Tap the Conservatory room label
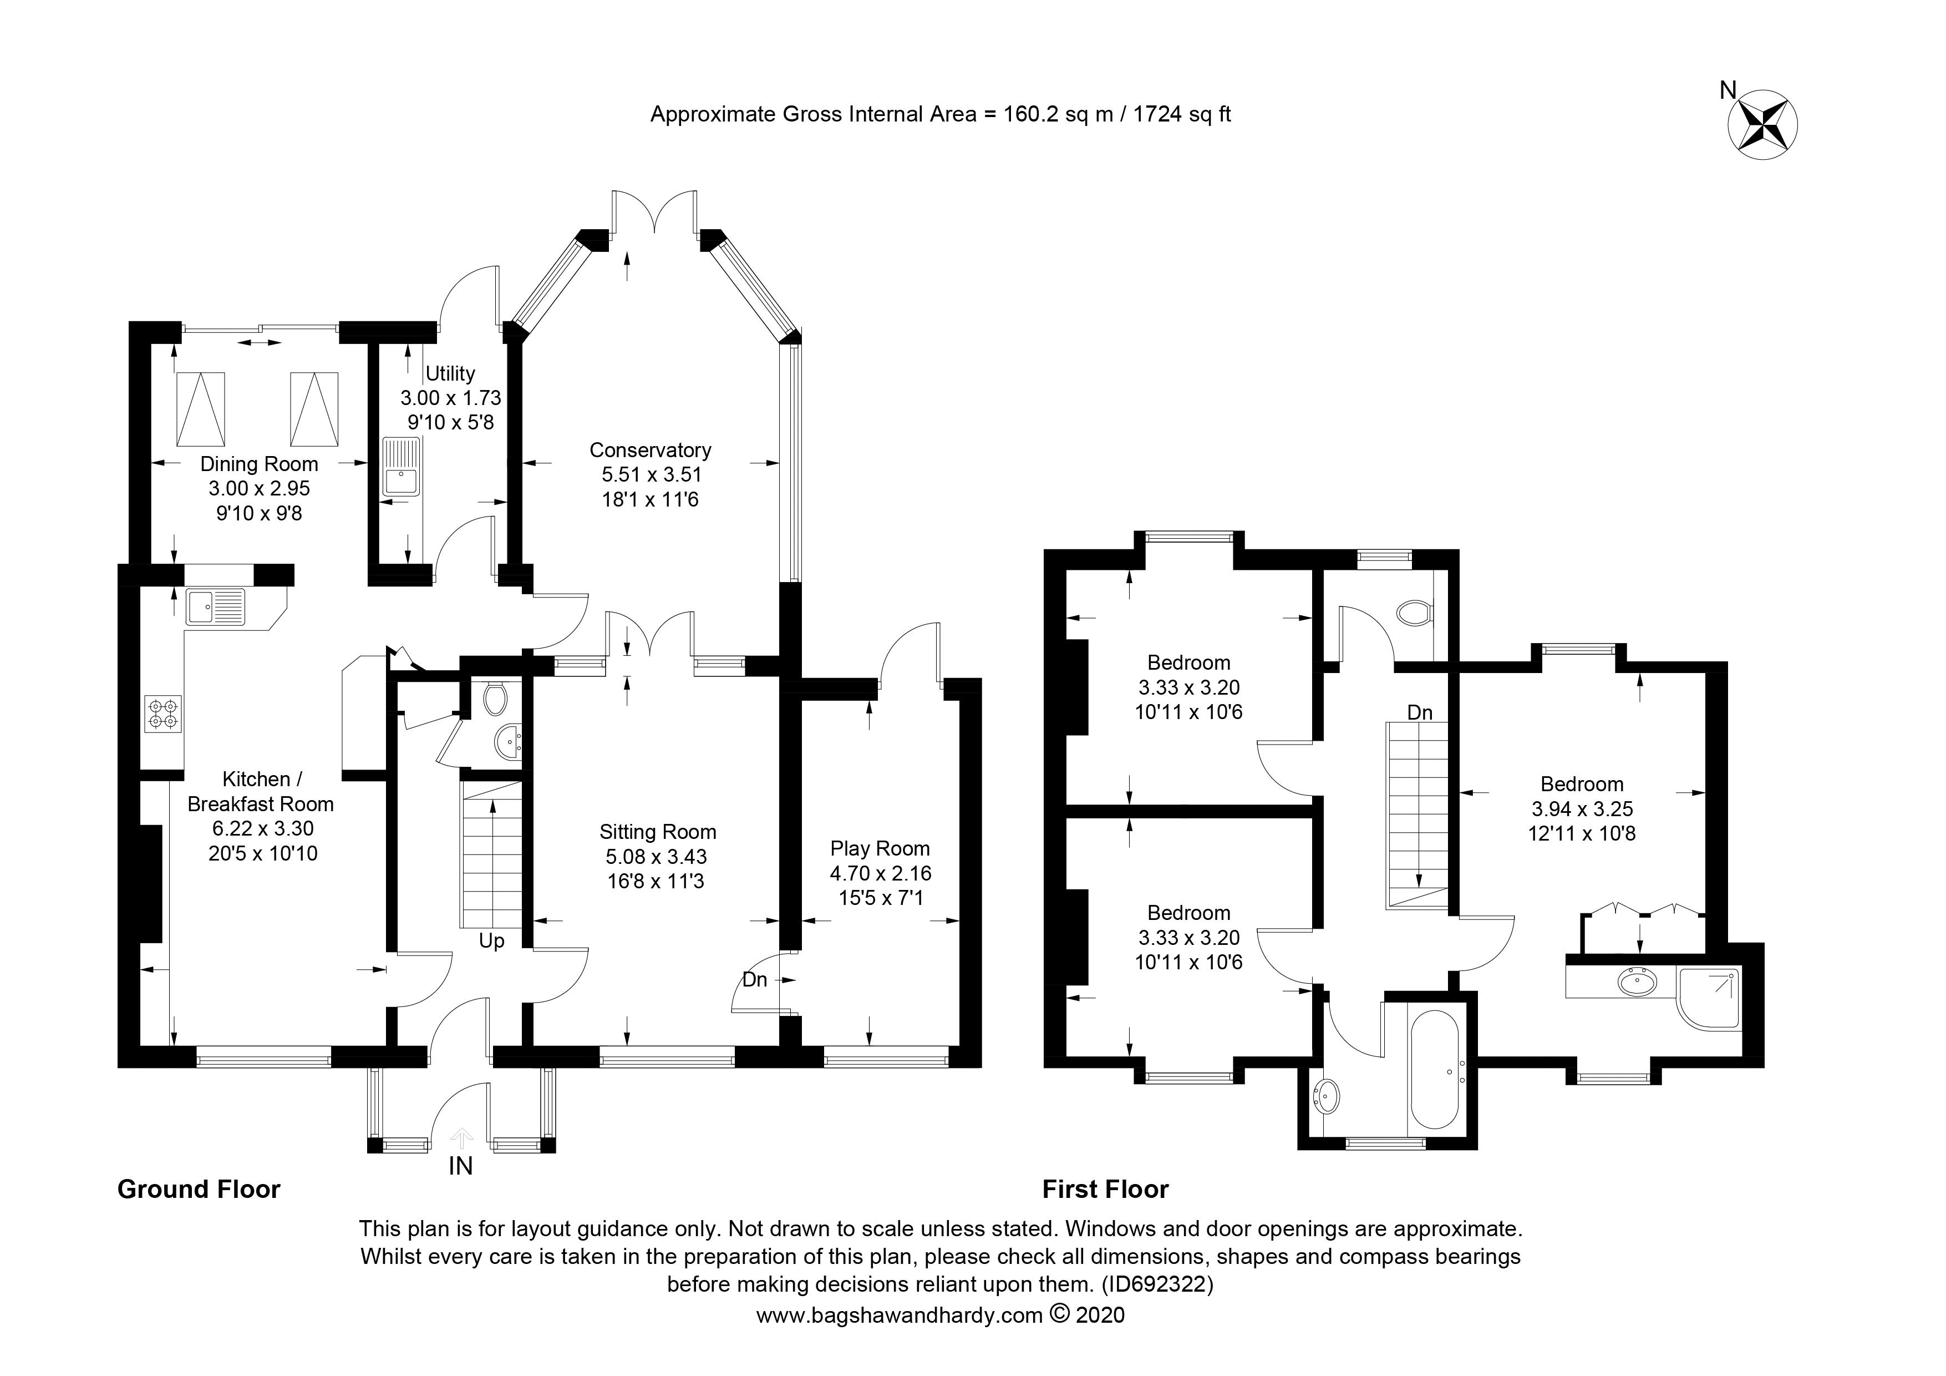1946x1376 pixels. pyautogui.click(x=650, y=450)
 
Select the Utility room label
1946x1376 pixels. pyautogui.click(x=450, y=374)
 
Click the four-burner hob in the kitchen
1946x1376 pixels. pyautogui.click(x=164, y=712)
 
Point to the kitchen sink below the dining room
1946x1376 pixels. pyautogui.click(x=215, y=607)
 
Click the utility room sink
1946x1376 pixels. pyautogui.click(x=401, y=466)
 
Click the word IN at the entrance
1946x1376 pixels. pyautogui.click(x=460, y=1167)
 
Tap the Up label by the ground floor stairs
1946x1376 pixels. pyautogui.click(x=491, y=941)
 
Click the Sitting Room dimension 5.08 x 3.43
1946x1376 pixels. pyautogui.click(x=657, y=857)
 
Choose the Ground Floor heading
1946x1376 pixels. pyautogui.click(x=199, y=1190)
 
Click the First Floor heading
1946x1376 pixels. pyautogui.click(x=1105, y=1190)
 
